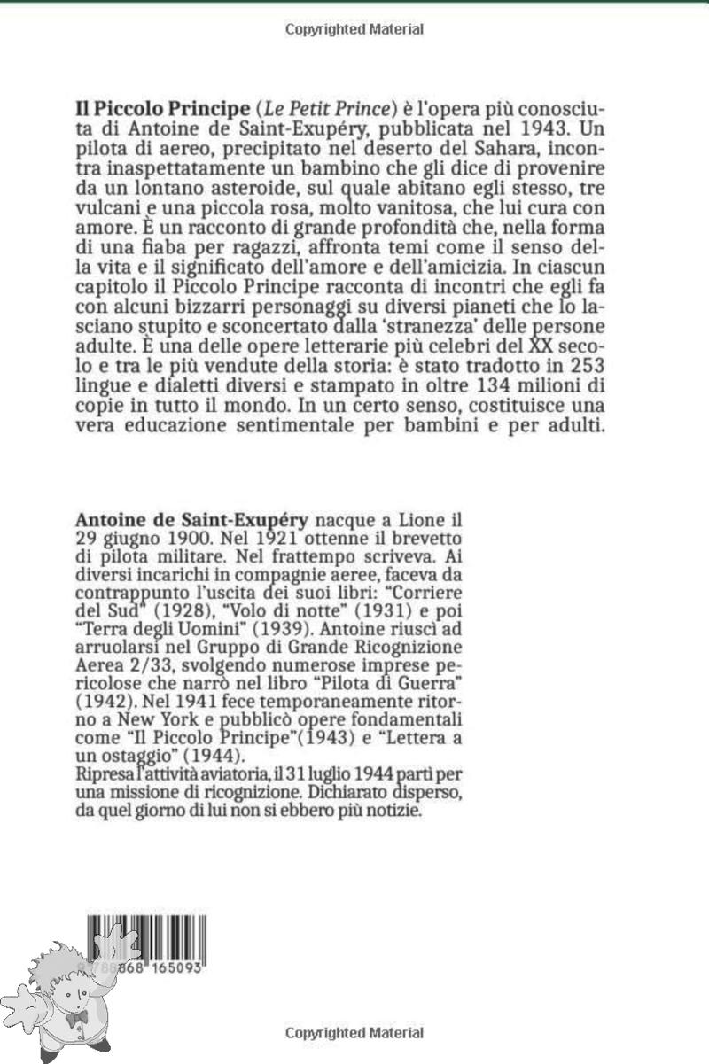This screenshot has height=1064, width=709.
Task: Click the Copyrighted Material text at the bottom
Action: tap(354, 1033)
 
